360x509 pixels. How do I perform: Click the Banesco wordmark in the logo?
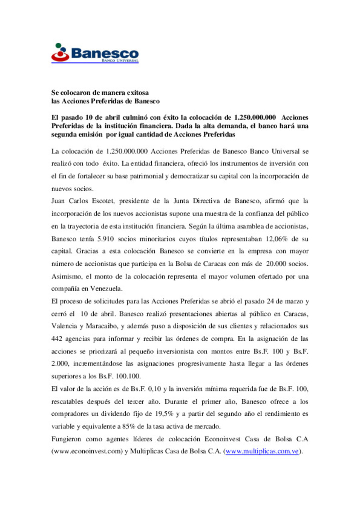pos(105,53)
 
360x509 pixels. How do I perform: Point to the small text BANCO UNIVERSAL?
pos(120,61)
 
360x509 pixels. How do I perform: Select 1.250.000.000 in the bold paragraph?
pos(255,117)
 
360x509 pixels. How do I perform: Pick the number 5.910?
pos(105,239)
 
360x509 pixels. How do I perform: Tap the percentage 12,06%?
pos(276,239)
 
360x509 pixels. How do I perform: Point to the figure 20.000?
pos(276,264)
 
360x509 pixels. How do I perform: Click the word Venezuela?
pos(106,288)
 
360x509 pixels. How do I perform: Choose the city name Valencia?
pos(64,326)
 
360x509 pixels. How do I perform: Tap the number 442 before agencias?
pos(57,339)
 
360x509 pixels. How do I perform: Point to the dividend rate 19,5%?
pos(164,414)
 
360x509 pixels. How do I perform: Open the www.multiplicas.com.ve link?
pos(262,451)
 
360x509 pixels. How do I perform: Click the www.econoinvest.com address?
pos(87,451)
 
